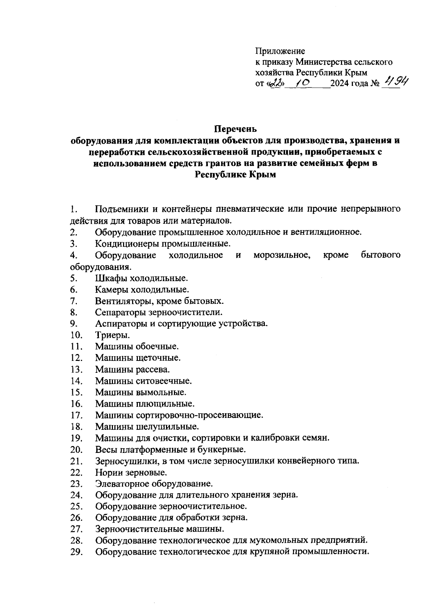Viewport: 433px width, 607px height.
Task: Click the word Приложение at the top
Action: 280,51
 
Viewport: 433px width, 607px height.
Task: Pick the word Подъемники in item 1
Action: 121,209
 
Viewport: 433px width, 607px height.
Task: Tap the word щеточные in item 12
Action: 158,358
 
